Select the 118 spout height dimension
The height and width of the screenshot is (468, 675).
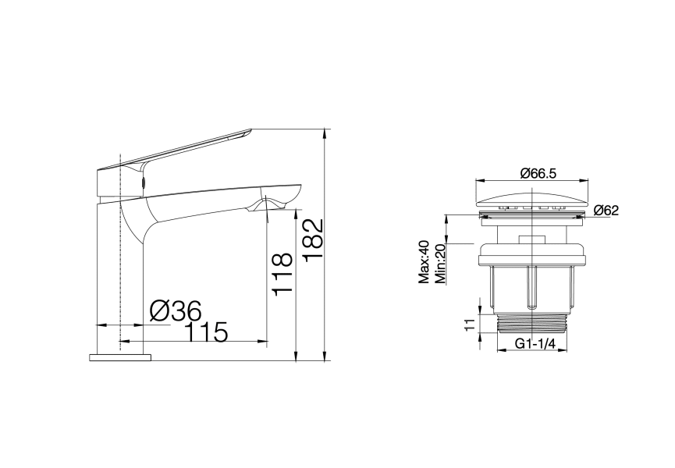(x=282, y=272)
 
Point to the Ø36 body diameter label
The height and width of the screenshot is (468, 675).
(x=176, y=310)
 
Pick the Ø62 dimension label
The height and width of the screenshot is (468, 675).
(x=606, y=210)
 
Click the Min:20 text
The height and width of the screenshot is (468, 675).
(x=441, y=264)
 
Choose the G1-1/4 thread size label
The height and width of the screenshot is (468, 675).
(x=533, y=344)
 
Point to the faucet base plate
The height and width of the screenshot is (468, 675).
(x=121, y=357)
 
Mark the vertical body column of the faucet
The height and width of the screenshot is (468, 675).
(x=109, y=273)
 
